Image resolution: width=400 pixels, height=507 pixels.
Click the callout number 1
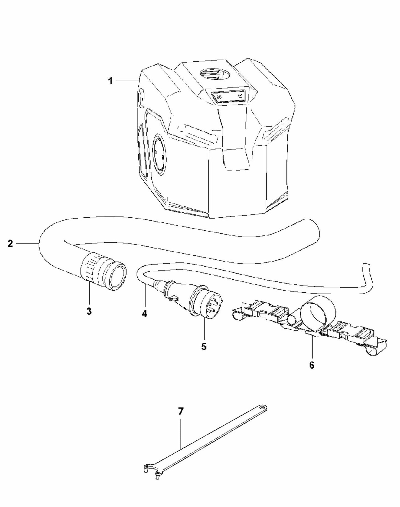click(110, 81)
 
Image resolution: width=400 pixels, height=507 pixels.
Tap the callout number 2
click(10, 244)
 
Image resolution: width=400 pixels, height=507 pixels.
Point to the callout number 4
click(144, 314)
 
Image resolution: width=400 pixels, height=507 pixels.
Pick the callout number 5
click(204, 347)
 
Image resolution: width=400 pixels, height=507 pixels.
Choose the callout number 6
click(312, 365)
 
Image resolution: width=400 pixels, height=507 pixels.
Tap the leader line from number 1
click(127, 80)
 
